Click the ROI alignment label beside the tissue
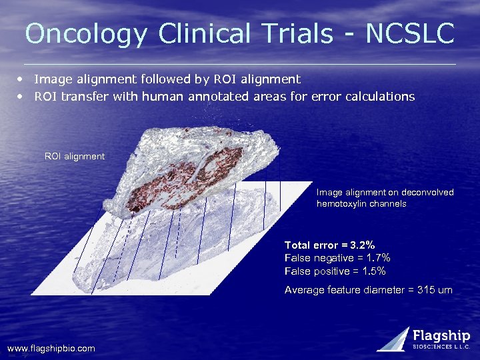75,156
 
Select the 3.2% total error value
363,245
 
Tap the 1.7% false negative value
378,258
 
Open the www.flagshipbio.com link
51,349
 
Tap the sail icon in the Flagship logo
394,339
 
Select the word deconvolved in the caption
427,193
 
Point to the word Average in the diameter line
304,290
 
